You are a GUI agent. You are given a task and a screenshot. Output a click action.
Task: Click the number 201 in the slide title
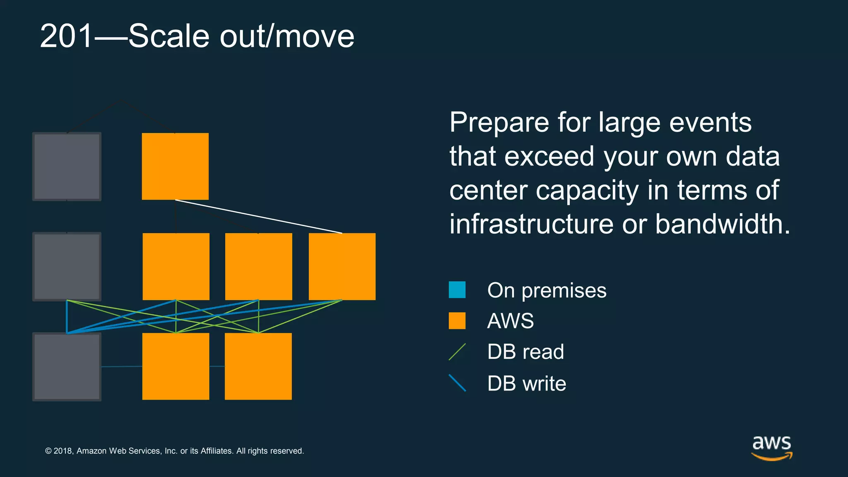66,36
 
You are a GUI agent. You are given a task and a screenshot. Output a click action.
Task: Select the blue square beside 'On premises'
457,290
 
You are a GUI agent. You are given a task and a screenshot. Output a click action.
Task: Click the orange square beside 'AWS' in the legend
457,321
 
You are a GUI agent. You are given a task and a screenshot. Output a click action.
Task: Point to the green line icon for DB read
457,352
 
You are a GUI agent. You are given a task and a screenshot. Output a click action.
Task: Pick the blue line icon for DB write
457,383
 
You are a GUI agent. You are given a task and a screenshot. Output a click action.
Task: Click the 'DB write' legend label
526,383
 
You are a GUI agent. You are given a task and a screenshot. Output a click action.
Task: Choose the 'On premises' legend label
547,290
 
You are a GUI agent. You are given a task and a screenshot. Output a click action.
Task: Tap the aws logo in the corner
771,447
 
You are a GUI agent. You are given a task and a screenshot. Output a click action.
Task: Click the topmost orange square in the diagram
175,166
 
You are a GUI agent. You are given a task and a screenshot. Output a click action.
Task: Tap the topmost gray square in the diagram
67,166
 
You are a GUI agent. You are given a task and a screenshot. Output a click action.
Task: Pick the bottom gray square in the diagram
67,367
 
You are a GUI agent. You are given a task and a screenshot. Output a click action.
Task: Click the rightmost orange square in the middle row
342,267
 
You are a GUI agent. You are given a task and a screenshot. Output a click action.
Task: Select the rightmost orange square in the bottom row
258,366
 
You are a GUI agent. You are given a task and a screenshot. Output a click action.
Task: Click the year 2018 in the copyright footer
63,451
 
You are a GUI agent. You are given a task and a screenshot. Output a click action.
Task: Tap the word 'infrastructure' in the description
531,224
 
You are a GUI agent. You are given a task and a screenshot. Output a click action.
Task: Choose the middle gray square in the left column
67,267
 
